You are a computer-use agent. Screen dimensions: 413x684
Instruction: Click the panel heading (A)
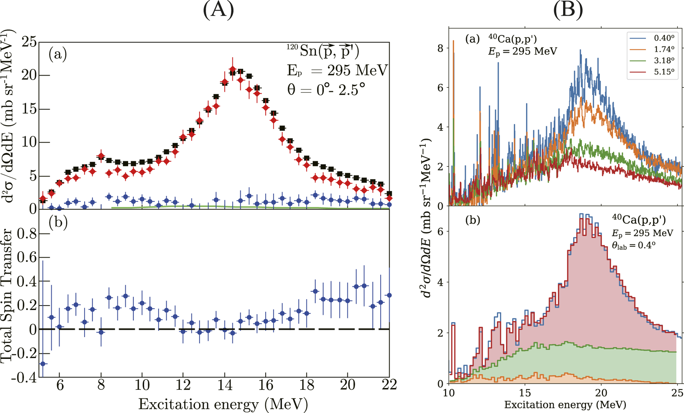pyautogui.click(x=218, y=10)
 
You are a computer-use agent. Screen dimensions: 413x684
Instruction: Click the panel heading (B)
pyautogui.click(x=568, y=10)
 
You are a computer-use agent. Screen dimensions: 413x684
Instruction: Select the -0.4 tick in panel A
pyautogui.click(x=24, y=377)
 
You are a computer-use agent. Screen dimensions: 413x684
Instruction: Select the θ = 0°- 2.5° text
pyautogui.click(x=326, y=89)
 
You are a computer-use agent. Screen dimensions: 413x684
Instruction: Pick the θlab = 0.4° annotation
pyautogui.click(x=633, y=245)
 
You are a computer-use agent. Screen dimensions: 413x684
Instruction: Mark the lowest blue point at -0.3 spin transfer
pyautogui.click(x=43, y=364)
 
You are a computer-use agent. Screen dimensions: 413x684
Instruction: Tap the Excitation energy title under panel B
pyautogui.click(x=565, y=405)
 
